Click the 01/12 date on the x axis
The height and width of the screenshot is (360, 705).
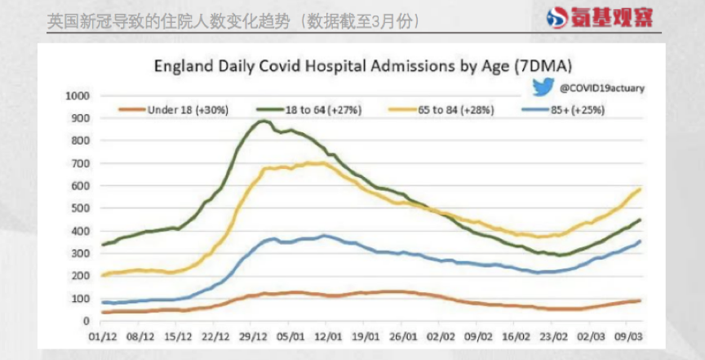pos(102,336)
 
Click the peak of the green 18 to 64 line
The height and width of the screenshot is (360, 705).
pos(262,121)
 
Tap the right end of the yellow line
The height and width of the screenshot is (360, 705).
pos(641,189)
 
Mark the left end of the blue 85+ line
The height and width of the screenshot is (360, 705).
pos(102,302)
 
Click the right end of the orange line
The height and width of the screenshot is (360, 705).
pos(641,300)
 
